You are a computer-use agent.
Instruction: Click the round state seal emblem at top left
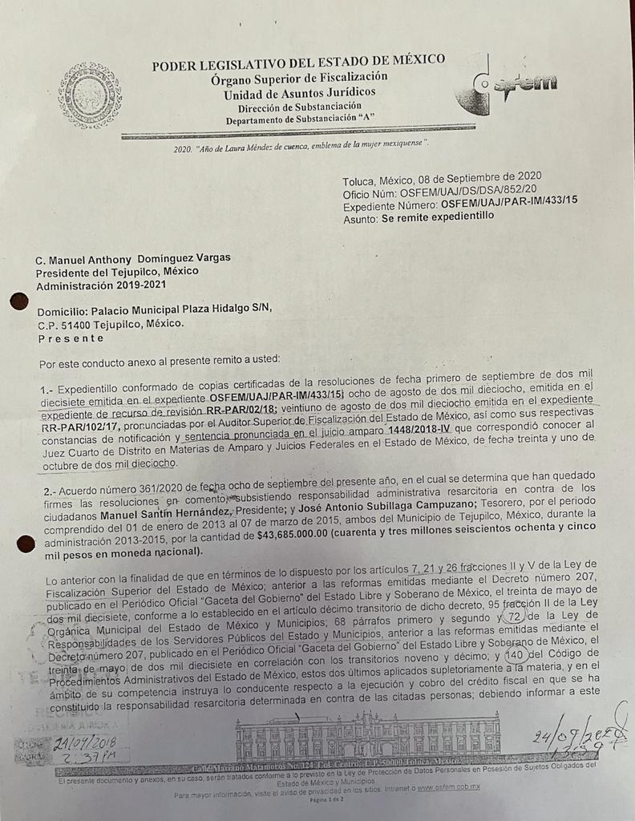pos(90,95)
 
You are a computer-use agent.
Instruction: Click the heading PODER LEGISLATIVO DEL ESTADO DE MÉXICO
pos(298,63)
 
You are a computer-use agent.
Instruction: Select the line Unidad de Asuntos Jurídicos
pos(299,93)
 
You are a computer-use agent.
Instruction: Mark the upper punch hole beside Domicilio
pos(18,301)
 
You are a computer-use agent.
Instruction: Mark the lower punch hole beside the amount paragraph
pos(25,544)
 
